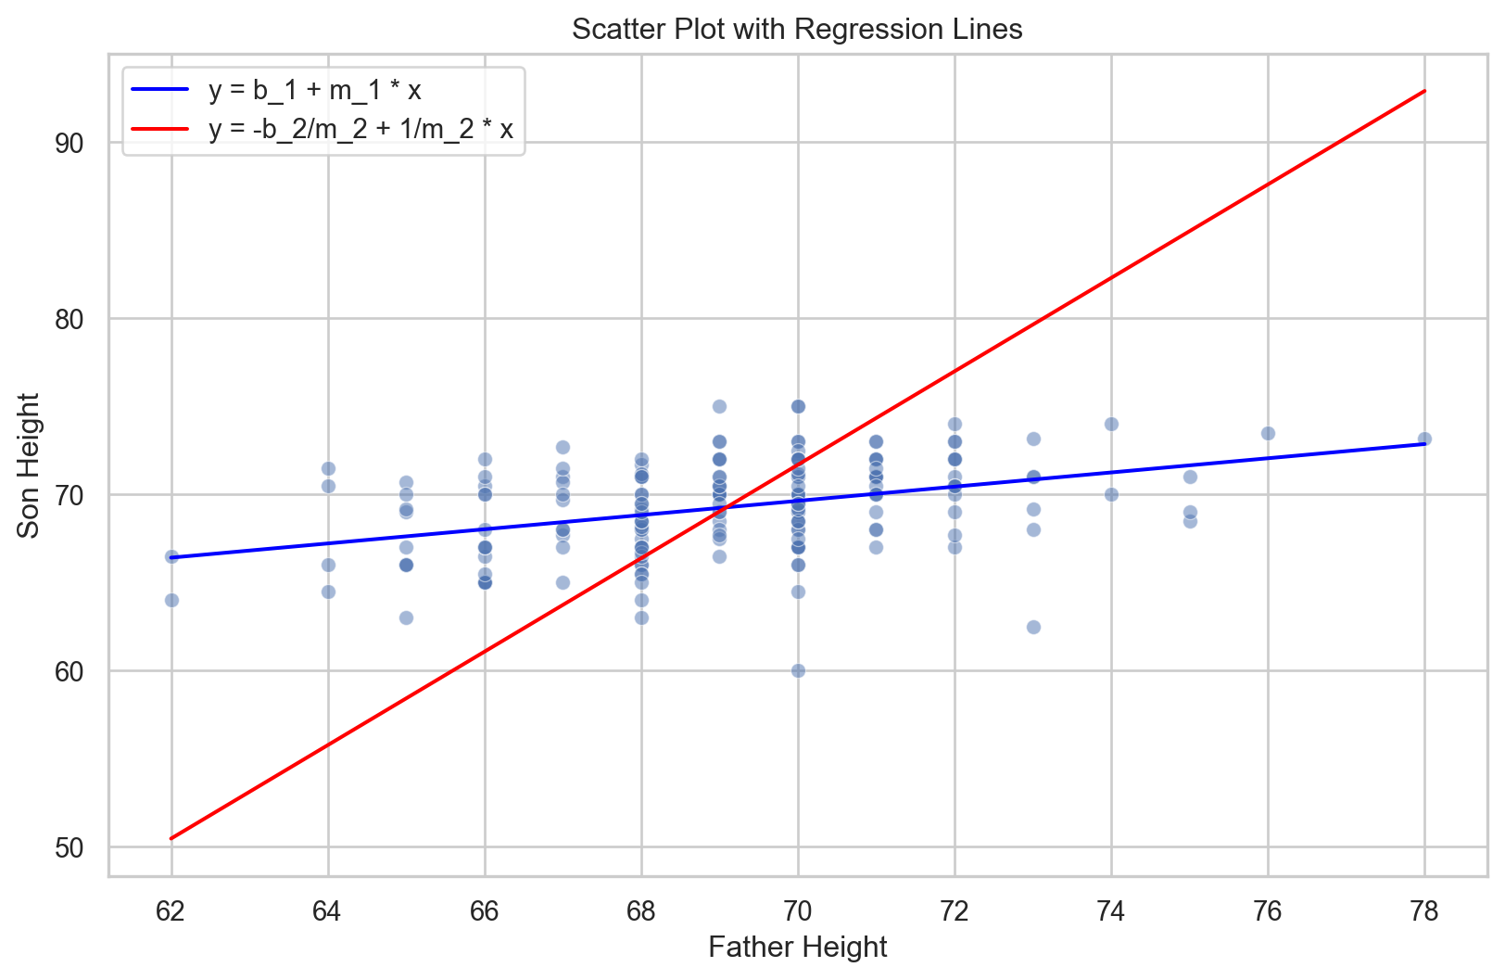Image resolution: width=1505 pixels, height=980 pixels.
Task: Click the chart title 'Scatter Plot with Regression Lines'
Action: click(x=797, y=30)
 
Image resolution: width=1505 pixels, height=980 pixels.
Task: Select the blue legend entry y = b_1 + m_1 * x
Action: click(x=314, y=90)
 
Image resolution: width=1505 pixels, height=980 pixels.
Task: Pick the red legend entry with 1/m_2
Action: click(x=360, y=129)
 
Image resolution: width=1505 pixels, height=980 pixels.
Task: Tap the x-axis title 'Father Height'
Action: click(x=797, y=947)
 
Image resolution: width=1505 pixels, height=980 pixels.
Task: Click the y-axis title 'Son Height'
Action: click(x=29, y=465)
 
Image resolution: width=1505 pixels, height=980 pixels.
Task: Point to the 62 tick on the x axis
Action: click(x=171, y=911)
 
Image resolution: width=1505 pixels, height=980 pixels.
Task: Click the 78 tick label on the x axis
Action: click(x=1424, y=911)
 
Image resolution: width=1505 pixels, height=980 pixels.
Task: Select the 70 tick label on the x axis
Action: click(x=798, y=911)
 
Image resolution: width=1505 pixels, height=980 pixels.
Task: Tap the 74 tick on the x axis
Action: click(x=1111, y=911)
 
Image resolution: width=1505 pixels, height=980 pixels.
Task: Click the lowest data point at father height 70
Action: click(x=798, y=670)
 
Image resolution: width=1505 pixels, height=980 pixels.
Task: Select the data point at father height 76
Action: click(x=1268, y=433)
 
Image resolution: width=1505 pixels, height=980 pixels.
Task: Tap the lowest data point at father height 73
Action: click(x=1033, y=627)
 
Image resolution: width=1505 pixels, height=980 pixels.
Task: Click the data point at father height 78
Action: click(x=1424, y=439)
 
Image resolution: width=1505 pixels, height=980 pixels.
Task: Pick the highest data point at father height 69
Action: click(x=719, y=406)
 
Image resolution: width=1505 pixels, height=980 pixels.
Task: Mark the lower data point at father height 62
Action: click(x=171, y=600)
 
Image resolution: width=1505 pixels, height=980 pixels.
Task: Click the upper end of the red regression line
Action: click(x=1424, y=91)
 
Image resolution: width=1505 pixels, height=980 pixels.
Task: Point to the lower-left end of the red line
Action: click(x=171, y=838)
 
